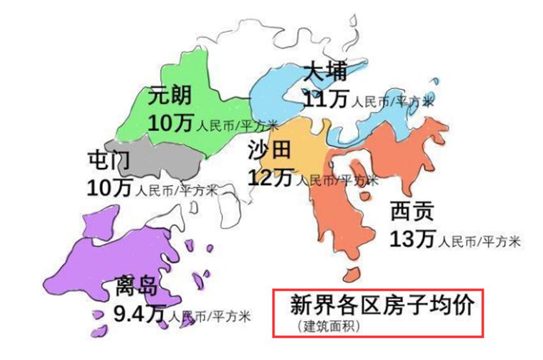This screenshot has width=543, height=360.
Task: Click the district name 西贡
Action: click(411, 211)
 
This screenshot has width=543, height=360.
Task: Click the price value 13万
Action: click(412, 239)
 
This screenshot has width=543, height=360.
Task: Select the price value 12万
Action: click(270, 177)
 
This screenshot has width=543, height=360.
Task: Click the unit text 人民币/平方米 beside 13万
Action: click(479, 242)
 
